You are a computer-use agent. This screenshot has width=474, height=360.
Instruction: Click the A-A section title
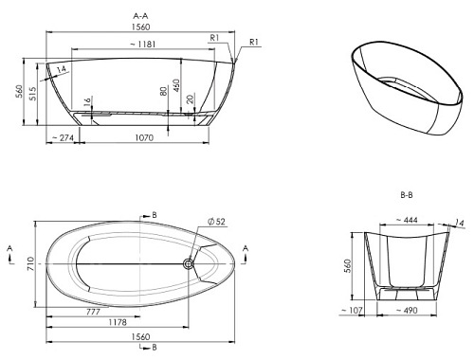[140, 16]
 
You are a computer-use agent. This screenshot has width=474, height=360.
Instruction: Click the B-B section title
[407, 195]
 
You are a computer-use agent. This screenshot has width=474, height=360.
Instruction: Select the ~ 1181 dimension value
[143, 45]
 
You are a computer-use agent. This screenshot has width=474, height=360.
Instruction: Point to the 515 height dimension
[32, 94]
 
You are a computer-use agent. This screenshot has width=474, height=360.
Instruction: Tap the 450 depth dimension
[176, 85]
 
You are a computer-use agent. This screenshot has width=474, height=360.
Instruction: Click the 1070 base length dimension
[144, 137]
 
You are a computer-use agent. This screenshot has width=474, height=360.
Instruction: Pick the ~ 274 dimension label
[63, 137]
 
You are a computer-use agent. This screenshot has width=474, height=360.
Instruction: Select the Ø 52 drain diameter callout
[216, 222]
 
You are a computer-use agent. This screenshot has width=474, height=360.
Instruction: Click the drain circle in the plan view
[189, 263]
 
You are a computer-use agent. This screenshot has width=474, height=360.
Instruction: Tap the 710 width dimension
[30, 263]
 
